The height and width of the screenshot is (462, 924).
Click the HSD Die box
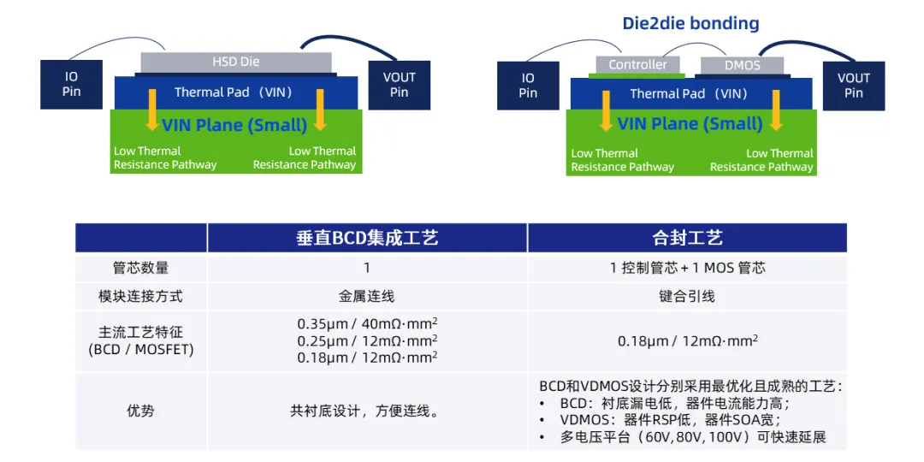tap(235, 62)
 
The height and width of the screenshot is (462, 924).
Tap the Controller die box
tap(637, 65)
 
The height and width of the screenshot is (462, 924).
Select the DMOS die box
tap(742, 65)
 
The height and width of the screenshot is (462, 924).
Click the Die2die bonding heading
tap(690, 23)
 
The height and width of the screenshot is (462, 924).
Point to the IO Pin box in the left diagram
tap(71, 84)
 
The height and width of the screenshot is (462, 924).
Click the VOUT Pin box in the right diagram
tap(853, 85)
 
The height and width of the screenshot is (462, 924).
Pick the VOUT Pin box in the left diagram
tap(399, 84)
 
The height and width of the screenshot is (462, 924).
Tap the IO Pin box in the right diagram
tap(528, 85)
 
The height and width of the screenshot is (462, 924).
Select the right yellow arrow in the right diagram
tap(776, 110)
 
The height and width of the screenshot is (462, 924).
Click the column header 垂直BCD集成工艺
tap(367, 238)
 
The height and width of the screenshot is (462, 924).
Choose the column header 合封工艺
tap(687, 238)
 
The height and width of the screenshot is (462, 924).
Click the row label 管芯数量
tap(140, 268)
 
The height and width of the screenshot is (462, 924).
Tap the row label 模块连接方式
tap(140, 297)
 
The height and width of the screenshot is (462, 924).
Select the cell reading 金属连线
tap(367, 297)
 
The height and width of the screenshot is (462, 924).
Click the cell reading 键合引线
tap(687, 297)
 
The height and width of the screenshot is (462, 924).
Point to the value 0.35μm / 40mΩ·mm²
tap(367, 323)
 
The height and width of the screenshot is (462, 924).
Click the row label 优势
tap(140, 411)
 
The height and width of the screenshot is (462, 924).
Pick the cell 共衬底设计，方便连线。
tap(367, 411)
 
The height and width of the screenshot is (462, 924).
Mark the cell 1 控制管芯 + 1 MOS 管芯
tap(687, 268)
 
